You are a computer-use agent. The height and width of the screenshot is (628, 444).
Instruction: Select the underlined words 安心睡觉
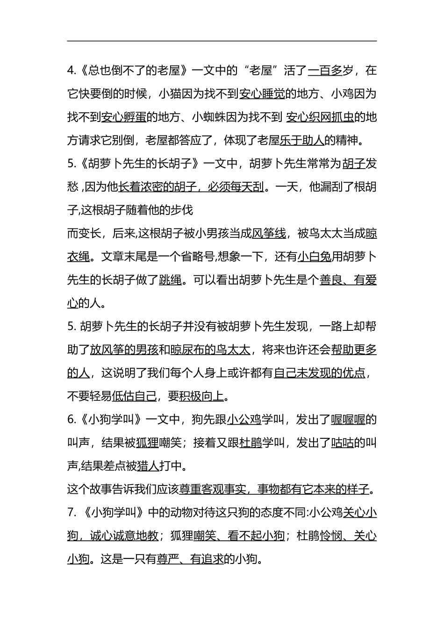262,94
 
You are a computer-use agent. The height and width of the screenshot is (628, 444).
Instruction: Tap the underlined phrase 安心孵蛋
124,117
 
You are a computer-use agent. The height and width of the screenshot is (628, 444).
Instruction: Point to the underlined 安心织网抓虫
320,117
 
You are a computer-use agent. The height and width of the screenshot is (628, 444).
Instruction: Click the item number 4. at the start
72,71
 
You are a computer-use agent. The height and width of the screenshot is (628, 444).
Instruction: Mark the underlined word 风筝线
269,234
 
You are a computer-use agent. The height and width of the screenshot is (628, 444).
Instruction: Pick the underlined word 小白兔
314,257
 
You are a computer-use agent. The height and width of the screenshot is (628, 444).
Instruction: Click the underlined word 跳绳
170,280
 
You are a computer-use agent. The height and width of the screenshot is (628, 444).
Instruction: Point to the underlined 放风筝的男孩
124,350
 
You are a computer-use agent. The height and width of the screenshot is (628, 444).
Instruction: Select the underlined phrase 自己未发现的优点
320,373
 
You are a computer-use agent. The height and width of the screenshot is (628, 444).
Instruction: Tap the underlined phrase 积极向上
201,396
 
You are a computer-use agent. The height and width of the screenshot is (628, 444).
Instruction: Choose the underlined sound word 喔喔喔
348,420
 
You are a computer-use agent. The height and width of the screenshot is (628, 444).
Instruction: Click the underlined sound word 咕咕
342,442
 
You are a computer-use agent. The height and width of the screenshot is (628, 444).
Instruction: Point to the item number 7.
72,512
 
